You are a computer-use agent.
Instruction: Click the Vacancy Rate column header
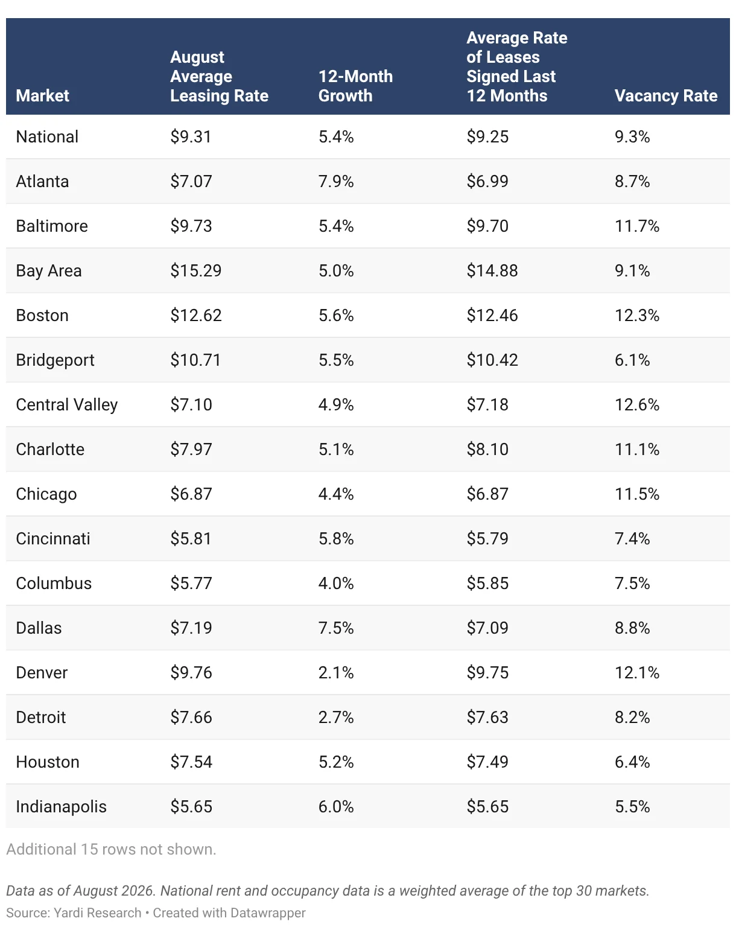click(x=665, y=95)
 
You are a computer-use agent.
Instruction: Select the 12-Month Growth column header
click(x=355, y=86)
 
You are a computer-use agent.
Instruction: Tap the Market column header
click(x=42, y=95)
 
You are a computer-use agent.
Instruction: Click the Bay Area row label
click(x=49, y=271)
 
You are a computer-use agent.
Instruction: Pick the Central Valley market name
click(x=67, y=405)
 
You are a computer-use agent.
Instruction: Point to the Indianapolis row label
click(x=61, y=807)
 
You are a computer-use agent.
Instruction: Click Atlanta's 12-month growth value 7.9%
click(x=336, y=181)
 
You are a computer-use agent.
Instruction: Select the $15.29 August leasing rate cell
click(x=195, y=270)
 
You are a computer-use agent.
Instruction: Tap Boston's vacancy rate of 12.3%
click(x=637, y=315)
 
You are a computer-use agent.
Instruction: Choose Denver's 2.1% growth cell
click(x=336, y=673)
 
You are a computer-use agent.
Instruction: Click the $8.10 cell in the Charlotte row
click(x=487, y=449)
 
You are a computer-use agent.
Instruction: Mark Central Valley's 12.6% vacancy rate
click(x=637, y=405)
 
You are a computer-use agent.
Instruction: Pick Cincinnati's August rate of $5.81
click(x=191, y=539)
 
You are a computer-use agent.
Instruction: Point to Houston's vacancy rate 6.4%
click(x=632, y=762)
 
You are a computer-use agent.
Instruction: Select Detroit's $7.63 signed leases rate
click(x=487, y=717)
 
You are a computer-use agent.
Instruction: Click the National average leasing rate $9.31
click(x=191, y=137)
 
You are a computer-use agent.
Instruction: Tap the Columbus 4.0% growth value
click(x=336, y=583)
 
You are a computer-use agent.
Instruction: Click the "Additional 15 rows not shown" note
click(x=111, y=850)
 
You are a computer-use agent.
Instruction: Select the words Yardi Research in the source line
click(x=97, y=913)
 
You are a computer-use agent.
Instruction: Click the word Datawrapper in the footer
click(x=268, y=913)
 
